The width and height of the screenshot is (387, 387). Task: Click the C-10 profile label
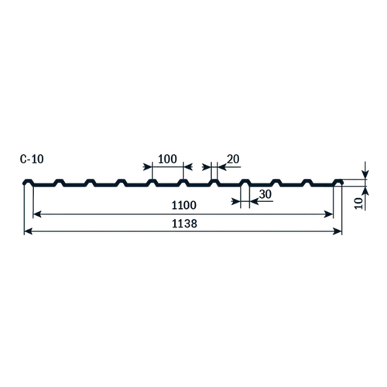click(32, 159)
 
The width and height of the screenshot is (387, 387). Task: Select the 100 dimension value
click(167, 159)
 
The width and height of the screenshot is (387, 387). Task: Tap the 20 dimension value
click(233, 159)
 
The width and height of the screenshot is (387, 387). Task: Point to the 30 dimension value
click(265, 194)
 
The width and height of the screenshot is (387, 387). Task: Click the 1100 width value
click(184, 205)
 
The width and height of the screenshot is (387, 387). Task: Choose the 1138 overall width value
click(184, 224)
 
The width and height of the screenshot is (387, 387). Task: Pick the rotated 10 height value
click(359, 204)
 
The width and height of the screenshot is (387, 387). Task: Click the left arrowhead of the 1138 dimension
click(28, 231)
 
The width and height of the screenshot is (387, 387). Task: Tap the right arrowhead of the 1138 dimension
click(337, 231)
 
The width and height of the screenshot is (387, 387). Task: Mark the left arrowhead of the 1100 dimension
click(37, 214)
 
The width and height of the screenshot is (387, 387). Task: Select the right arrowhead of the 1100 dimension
click(329, 214)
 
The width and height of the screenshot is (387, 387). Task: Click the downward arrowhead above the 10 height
click(365, 174)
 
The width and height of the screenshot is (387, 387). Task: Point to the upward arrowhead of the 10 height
click(365, 190)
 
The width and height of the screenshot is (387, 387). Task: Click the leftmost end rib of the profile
click(28, 182)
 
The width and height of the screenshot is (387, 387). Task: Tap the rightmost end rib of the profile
click(338, 182)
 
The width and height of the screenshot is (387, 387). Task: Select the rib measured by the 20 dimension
click(214, 182)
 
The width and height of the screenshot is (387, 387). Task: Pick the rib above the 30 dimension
click(245, 182)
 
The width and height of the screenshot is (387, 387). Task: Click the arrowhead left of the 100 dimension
click(148, 167)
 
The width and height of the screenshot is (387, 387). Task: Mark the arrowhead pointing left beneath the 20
click(222, 167)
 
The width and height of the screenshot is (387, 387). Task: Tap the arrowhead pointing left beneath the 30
click(254, 201)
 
